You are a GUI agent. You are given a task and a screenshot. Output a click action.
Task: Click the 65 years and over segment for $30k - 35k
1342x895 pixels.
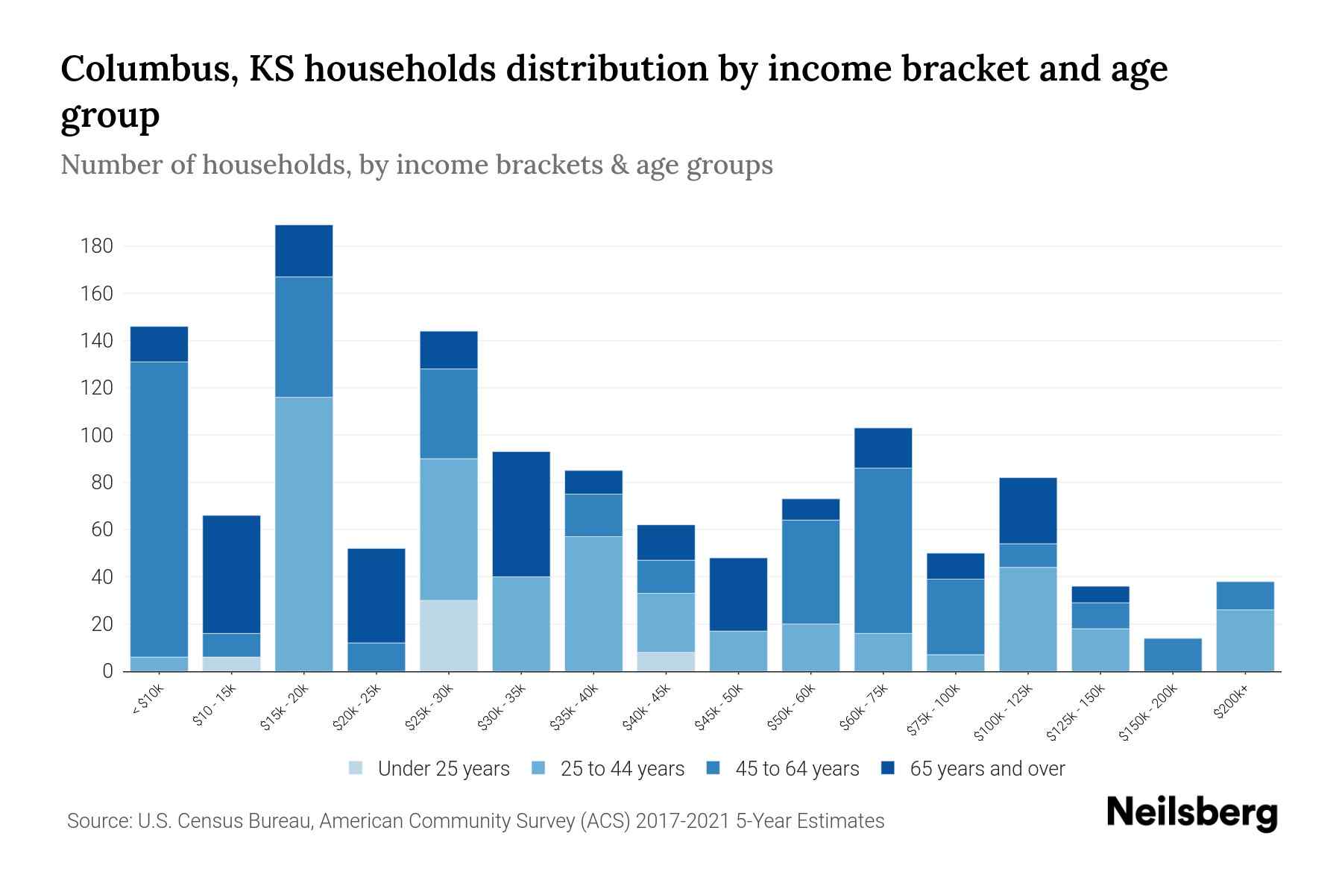click(521, 514)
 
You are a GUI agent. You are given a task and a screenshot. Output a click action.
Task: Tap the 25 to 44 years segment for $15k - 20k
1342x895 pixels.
click(303, 534)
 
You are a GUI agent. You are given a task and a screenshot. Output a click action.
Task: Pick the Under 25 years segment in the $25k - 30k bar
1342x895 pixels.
click(449, 635)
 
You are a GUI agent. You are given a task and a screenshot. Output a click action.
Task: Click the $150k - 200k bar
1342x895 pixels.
click(1173, 655)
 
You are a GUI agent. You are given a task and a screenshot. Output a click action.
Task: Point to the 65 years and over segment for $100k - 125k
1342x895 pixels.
click(1028, 510)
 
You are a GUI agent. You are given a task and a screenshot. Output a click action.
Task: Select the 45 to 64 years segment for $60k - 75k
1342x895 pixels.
click(883, 550)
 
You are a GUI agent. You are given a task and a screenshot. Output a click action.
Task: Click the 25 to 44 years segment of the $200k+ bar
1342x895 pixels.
click(1245, 640)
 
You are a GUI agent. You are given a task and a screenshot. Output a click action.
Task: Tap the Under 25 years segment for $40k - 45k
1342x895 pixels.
click(666, 662)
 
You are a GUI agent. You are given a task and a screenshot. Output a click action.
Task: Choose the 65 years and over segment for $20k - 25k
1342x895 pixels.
click(377, 595)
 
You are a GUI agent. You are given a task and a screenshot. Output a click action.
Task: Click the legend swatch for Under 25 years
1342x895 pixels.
click(356, 768)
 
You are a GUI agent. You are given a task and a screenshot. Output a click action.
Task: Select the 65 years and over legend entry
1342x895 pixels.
click(986, 768)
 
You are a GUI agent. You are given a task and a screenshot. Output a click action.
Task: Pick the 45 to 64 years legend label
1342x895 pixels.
click(796, 768)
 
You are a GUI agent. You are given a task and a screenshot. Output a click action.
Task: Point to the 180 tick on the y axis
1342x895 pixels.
click(97, 246)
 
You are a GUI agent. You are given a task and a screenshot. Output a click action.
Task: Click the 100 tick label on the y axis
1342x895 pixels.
click(97, 435)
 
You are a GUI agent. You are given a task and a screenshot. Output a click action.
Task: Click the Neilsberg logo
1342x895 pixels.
click(1191, 813)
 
